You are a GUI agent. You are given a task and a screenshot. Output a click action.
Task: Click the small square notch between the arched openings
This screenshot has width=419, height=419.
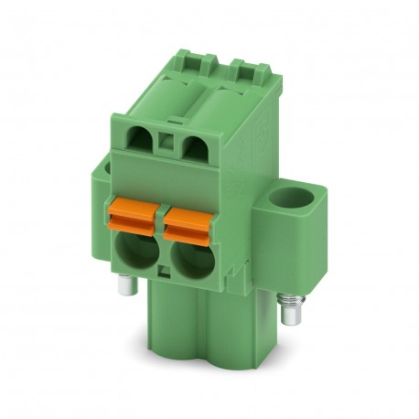point(166,142)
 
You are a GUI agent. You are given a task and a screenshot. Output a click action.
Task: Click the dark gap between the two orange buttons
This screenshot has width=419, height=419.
point(162,218)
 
